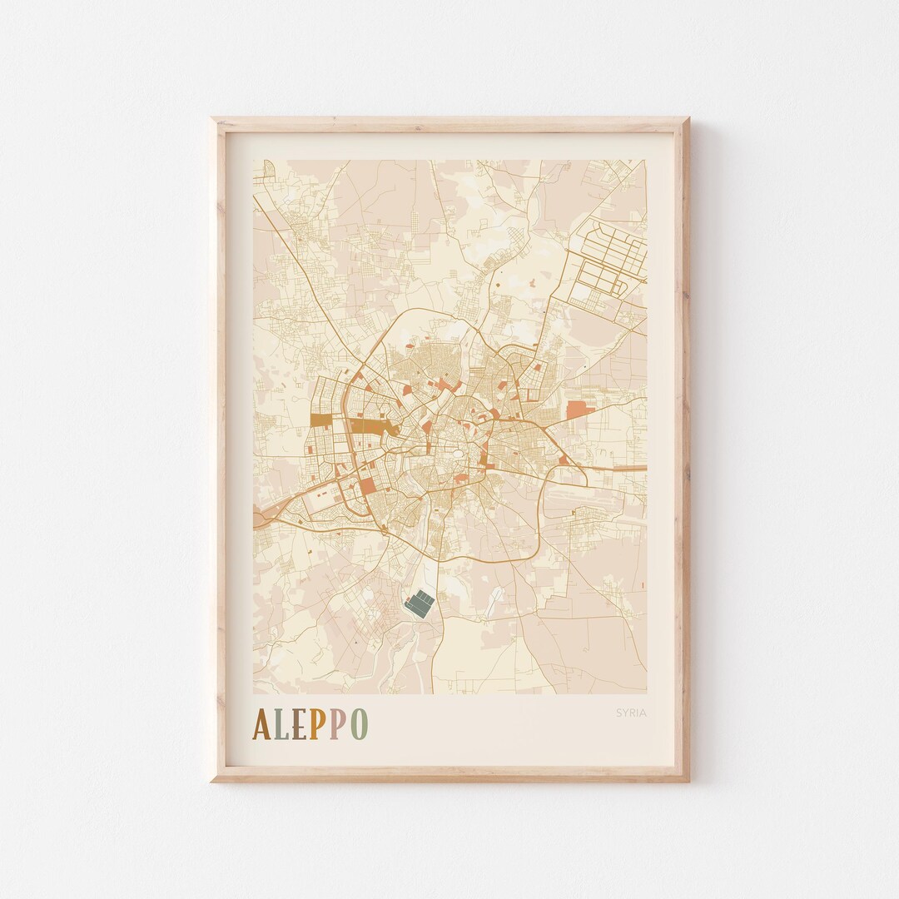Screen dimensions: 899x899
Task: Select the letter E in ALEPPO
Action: (x=299, y=725)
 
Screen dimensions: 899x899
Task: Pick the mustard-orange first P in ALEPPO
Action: (x=317, y=725)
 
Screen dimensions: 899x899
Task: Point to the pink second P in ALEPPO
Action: (x=336, y=725)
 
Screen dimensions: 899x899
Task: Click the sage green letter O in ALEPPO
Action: (x=358, y=725)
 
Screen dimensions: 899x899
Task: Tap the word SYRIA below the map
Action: (x=631, y=713)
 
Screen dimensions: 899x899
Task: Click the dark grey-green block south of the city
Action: (x=420, y=603)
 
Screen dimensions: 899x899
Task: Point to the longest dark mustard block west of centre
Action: (x=370, y=426)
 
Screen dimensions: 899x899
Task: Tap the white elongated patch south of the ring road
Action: (x=498, y=596)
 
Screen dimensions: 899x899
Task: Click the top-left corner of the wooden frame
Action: (x=213, y=120)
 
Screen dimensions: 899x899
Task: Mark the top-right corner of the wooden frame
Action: (x=688, y=120)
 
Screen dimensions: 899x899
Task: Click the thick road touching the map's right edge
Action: (x=633, y=469)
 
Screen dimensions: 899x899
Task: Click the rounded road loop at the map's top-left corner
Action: (x=267, y=171)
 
